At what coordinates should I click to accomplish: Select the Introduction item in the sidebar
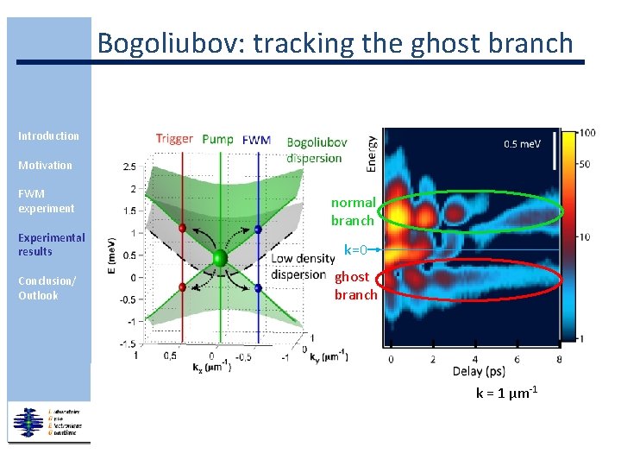[48, 136]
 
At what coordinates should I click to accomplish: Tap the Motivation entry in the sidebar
[45, 165]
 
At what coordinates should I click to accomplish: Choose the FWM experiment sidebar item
[46, 201]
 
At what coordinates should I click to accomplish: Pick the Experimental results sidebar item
[51, 244]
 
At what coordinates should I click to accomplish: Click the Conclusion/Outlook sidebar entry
[47, 288]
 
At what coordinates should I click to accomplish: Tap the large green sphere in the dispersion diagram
[220, 258]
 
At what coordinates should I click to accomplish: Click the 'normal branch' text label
[353, 211]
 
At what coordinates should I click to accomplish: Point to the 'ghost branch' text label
[355, 286]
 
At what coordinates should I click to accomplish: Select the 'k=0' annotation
[356, 250]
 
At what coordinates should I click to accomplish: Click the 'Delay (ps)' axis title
[480, 373]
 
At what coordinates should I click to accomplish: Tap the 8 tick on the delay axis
[559, 359]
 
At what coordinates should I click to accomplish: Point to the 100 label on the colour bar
[587, 134]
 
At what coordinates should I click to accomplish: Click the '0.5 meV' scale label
[523, 144]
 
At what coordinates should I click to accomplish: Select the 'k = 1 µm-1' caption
[507, 394]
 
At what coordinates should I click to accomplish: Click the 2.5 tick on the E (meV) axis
[129, 167]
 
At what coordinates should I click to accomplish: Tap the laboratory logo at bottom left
[49, 423]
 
